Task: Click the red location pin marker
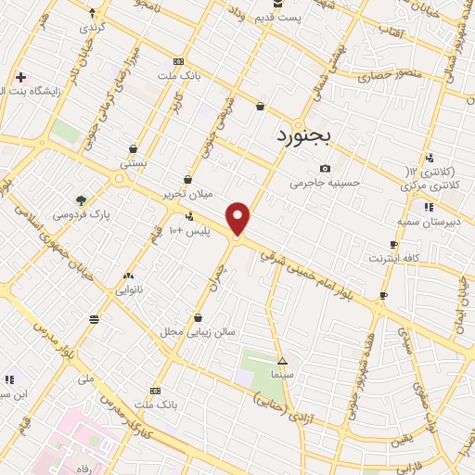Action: [238, 218]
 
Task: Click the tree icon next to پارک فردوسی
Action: [82, 199]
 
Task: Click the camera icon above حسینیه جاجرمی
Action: [324, 168]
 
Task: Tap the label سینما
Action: [282, 373]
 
